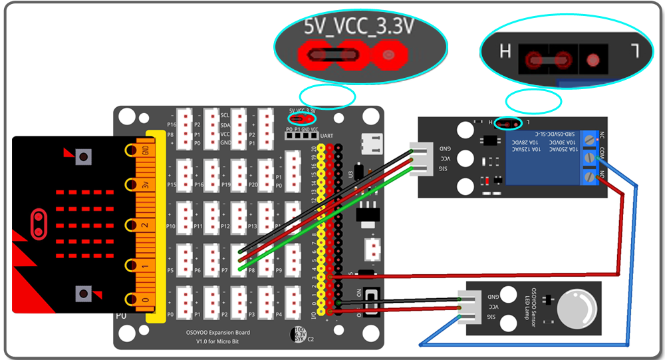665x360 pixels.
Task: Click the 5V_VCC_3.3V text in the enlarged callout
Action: (358, 27)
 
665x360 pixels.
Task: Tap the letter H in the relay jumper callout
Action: (505, 51)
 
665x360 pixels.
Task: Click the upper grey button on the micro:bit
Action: (83, 157)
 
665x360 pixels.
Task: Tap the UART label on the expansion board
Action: (327, 136)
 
